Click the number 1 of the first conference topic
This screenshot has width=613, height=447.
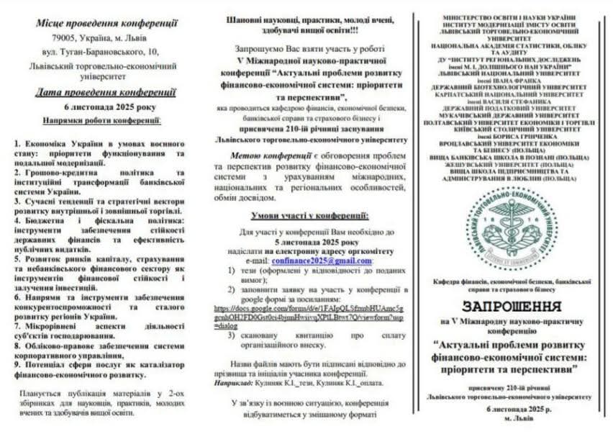point(17,144)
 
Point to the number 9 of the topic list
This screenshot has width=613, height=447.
point(17,364)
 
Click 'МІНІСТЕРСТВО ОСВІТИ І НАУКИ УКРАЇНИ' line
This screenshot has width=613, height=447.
point(509,16)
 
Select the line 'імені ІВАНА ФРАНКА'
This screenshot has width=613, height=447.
point(509,79)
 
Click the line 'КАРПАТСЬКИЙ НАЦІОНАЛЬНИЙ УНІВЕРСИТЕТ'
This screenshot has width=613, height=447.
point(509,94)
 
